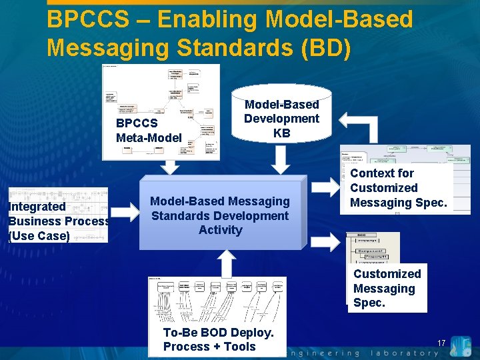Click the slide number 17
pos(441,343)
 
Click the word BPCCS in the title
pos(88,19)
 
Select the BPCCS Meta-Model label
pos(148,131)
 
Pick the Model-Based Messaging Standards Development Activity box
pos(220,215)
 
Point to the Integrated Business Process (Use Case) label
pos(59,221)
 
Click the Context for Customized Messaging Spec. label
pos(398,188)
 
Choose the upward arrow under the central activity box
pos(226,263)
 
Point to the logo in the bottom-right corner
pos(461,346)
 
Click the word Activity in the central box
pos(220,230)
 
